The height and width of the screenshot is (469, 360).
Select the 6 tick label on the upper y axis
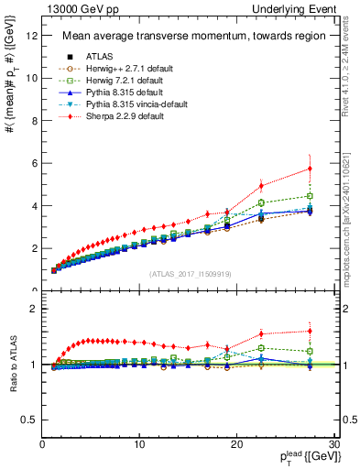pos(34,163)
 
